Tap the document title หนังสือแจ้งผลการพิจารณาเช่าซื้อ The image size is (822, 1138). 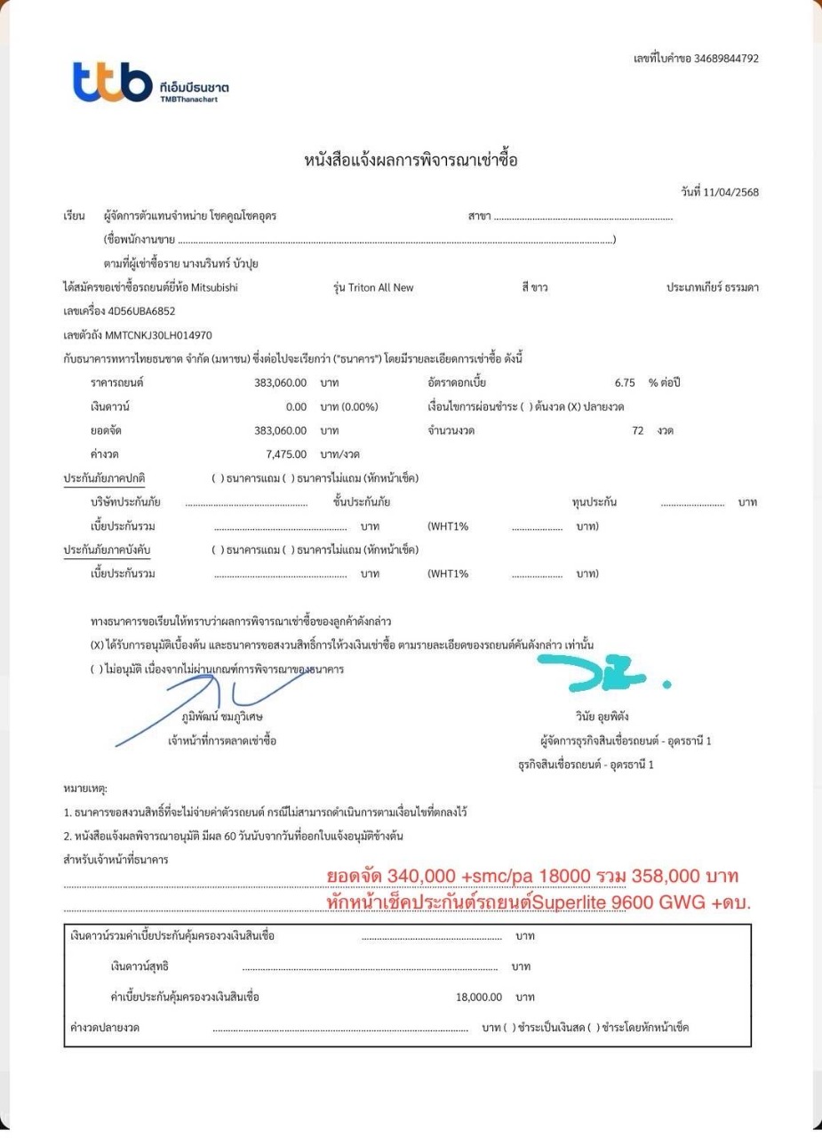click(411, 160)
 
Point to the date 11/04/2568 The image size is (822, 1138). click(731, 193)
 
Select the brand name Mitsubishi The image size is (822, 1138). click(214, 287)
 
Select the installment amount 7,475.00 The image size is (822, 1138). click(287, 454)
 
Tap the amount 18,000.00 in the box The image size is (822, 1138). click(480, 997)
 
